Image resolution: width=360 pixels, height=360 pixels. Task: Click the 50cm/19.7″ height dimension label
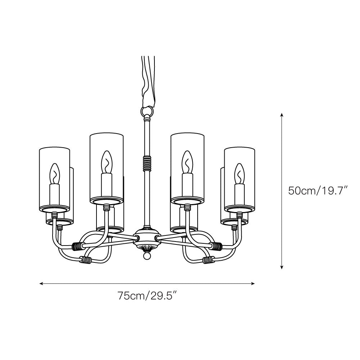point(318,190)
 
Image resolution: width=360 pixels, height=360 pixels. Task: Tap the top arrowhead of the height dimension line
point(282,115)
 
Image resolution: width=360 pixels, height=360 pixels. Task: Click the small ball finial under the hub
point(147,256)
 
